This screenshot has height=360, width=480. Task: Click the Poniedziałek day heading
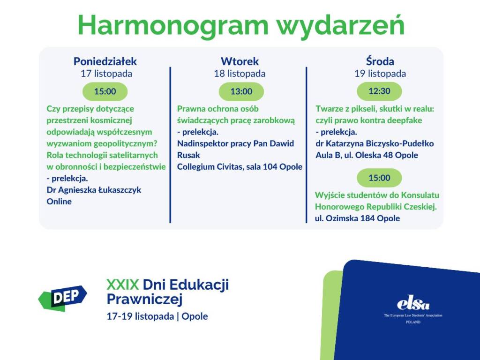[x=105, y=61]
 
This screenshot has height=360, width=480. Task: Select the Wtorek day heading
[x=240, y=61]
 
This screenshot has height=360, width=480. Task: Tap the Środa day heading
[x=380, y=61]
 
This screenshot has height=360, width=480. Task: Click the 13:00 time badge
[x=241, y=91]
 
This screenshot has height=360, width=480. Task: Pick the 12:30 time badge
[x=379, y=91]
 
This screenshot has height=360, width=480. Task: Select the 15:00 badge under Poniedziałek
[x=105, y=91]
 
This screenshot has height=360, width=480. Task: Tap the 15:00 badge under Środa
[x=379, y=178]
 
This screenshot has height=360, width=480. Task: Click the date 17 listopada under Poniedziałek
[x=106, y=74]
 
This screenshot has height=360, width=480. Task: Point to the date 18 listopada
[x=240, y=74]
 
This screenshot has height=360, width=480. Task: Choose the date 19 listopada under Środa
[x=380, y=74]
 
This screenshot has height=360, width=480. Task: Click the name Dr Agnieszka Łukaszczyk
[x=94, y=190]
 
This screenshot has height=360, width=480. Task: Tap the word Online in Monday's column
[x=59, y=202]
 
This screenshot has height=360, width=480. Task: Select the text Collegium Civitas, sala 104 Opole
[x=240, y=167]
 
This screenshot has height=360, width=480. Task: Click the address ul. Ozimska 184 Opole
[x=357, y=218]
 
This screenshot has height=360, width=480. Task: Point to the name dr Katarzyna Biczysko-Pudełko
[x=375, y=143]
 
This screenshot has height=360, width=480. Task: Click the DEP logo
[x=63, y=298]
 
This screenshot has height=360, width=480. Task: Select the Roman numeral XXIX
[x=122, y=285]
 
